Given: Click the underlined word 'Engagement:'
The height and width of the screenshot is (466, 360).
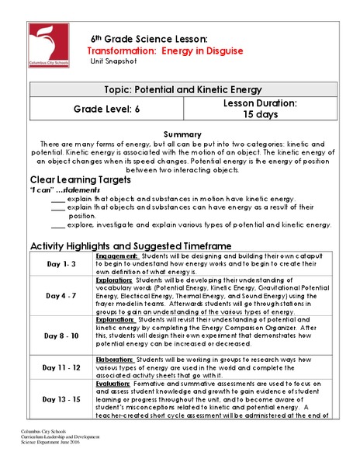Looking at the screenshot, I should click(117, 255).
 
